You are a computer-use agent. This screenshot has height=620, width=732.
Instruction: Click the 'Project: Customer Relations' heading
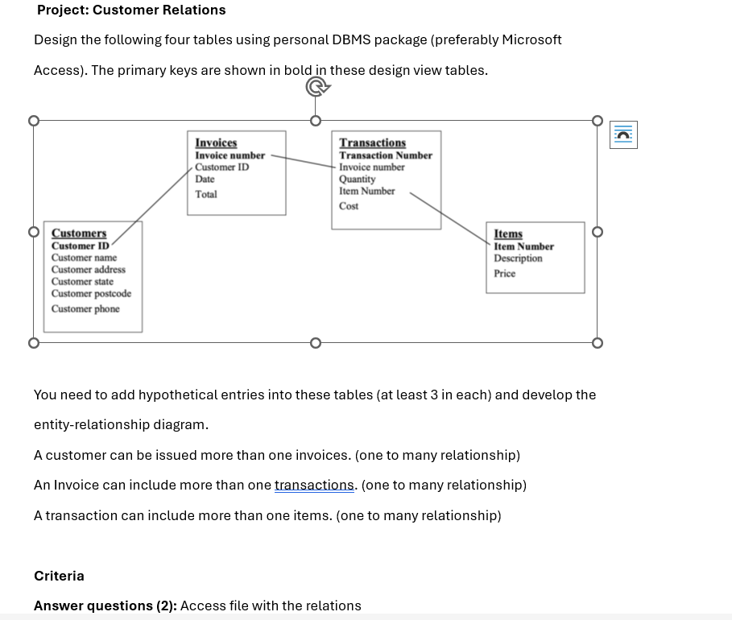coord(131,10)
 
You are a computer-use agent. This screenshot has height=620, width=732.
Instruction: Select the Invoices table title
coord(216,143)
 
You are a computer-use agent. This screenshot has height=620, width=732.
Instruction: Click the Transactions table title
coord(372,143)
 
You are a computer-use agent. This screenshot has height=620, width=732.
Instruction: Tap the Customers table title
coord(79,234)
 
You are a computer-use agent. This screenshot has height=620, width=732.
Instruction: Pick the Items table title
coord(508,234)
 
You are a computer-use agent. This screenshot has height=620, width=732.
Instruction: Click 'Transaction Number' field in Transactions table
coord(386,155)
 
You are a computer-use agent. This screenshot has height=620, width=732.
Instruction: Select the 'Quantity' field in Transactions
coord(357,179)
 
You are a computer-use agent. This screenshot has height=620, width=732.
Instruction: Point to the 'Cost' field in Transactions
coord(349,206)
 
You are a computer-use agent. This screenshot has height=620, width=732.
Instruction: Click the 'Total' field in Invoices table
coord(206,194)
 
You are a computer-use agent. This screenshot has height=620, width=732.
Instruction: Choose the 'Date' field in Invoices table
coord(205,179)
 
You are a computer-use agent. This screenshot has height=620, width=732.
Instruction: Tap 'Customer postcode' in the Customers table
coord(91,294)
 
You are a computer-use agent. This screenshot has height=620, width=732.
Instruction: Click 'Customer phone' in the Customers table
coord(85,309)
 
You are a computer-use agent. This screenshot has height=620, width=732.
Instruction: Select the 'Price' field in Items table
coord(505,274)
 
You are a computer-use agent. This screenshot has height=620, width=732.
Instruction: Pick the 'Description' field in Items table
coord(518,258)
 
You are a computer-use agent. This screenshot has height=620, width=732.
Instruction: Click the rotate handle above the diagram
coord(315,87)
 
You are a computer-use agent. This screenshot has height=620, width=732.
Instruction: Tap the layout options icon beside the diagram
coord(623,135)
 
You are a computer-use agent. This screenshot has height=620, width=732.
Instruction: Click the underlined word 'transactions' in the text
coord(314,486)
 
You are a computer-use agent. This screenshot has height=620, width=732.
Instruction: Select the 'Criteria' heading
coord(59,576)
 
